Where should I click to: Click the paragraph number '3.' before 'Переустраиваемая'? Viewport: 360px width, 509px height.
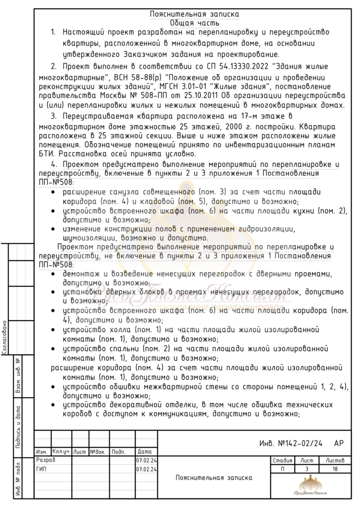tap(54, 116)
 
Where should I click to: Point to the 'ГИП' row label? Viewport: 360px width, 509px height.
tap(42, 469)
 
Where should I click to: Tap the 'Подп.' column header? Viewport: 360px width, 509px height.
tap(118, 452)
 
